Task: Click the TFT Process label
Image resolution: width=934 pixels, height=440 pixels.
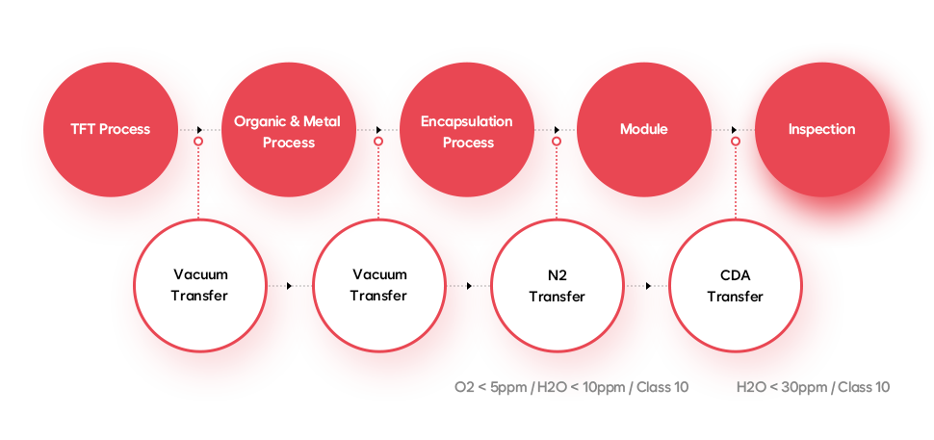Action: (x=110, y=129)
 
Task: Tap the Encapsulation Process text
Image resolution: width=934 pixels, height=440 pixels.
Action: (x=467, y=132)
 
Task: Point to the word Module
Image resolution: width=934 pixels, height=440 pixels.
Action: (x=643, y=129)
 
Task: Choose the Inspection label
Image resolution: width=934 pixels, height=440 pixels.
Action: (x=821, y=129)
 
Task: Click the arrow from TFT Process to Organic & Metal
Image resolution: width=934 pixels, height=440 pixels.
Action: (x=199, y=129)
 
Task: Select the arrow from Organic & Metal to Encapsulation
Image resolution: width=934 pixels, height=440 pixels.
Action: (x=377, y=129)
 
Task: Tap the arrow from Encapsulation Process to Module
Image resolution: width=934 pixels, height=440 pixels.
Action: (x=556, y=129)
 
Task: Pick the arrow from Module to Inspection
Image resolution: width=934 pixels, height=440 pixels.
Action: (x=733, y=129)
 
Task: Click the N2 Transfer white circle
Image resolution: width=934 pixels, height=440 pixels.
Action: (x=557, y=286)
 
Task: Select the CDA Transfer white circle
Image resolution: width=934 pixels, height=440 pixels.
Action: (x=735, y=286)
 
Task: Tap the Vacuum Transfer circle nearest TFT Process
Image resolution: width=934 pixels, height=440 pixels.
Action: (x=199, y=286)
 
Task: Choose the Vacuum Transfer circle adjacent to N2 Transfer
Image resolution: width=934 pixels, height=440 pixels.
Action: (x=378, y=286)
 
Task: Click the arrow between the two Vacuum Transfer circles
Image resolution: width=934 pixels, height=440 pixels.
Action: (x=289, y=286)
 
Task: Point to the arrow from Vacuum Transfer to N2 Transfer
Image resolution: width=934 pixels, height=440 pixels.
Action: (x=467, y=286)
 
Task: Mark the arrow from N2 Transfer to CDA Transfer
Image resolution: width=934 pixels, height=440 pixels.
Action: (x=646, y=286)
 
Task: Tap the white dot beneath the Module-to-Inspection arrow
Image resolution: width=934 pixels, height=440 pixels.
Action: (x=735, y=142)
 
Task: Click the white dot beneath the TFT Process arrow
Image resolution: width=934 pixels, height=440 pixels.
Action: (x=198, y=142)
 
